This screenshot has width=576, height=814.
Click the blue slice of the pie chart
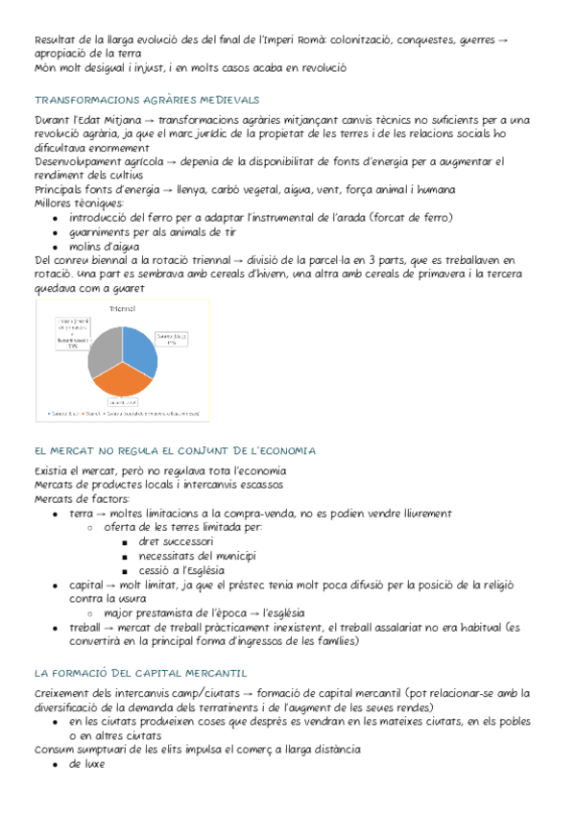[x=139, y=350]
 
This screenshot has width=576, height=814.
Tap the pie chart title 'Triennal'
[x=122, y=308]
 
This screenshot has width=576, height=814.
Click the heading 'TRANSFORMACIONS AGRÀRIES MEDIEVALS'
[x=147, y=100]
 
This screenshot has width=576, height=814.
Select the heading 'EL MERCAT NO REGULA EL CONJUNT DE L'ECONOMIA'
[x=176, y=450]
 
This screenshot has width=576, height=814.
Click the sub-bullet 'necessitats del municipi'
[x=197, y=555]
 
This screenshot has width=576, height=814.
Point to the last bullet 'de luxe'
[x=86, y=764]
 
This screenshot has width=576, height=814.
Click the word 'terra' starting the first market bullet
[x=82, y=513]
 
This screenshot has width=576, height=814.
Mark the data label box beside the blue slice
[x=174, y=339]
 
